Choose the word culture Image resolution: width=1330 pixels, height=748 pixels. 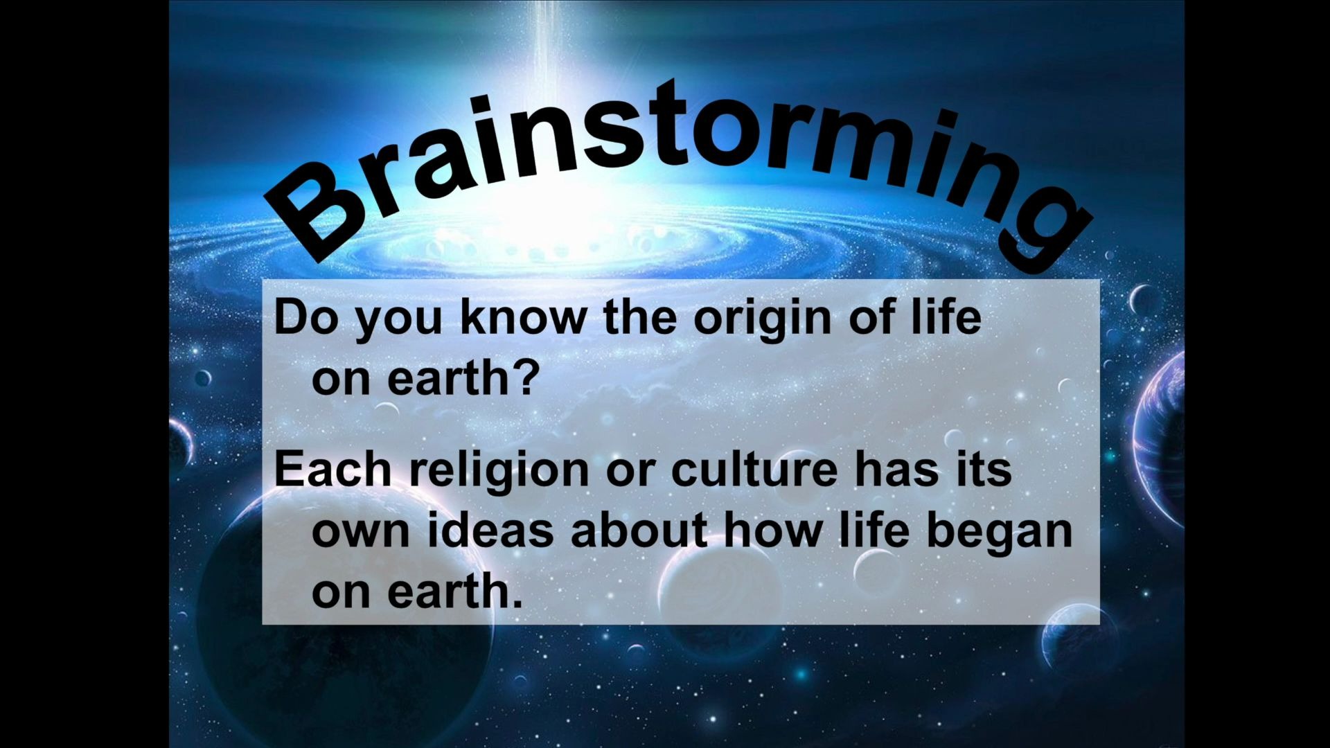point(754,468)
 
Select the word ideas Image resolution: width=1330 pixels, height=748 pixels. point(489,529)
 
